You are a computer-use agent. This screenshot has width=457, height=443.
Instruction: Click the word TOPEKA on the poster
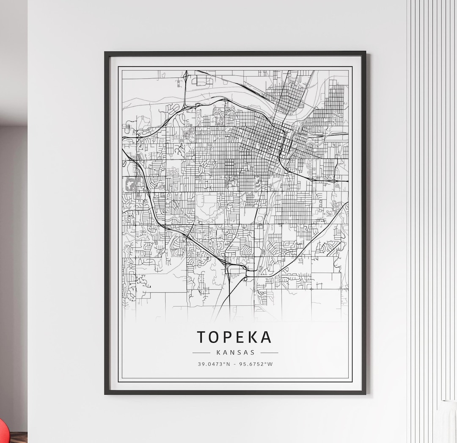234,337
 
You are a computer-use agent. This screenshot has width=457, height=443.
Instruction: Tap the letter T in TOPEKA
202,337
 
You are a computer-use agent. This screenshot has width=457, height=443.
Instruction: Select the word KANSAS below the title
235,352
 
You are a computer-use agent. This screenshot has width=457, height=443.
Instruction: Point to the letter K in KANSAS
218,352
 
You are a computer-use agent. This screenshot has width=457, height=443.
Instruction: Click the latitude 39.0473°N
214,364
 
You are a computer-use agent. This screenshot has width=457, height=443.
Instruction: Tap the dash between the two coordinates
235,364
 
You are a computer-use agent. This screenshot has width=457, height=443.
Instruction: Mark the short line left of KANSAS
201,352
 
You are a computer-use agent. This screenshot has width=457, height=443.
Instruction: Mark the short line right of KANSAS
270,352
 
